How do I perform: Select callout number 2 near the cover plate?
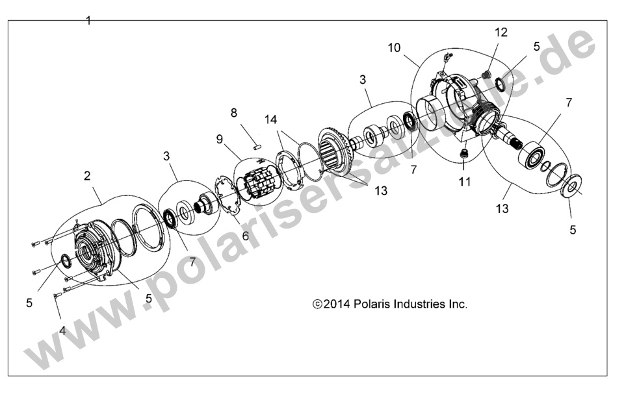[x=87, y=175]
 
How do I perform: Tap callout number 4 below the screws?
[x=62, y=330]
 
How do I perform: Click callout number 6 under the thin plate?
[x=245, y=236]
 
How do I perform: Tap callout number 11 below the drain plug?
[x=464, y=182]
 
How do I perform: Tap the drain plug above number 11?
[x=464, y=154]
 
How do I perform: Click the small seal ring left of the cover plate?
[x=65, y=261]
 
